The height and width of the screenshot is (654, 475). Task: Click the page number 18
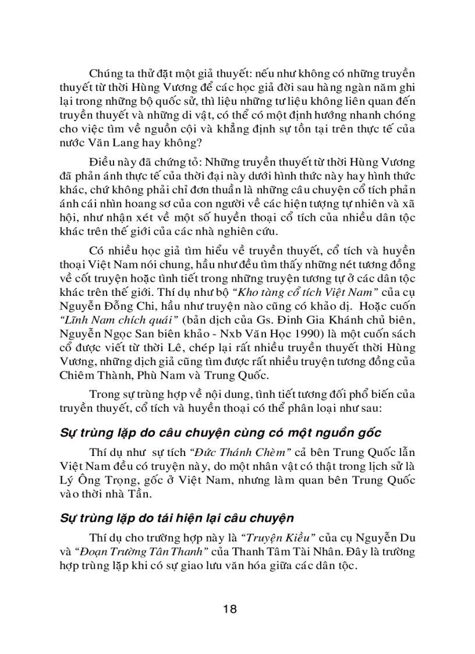point(229,609)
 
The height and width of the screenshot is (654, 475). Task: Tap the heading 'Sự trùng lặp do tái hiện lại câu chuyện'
point(177,518)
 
